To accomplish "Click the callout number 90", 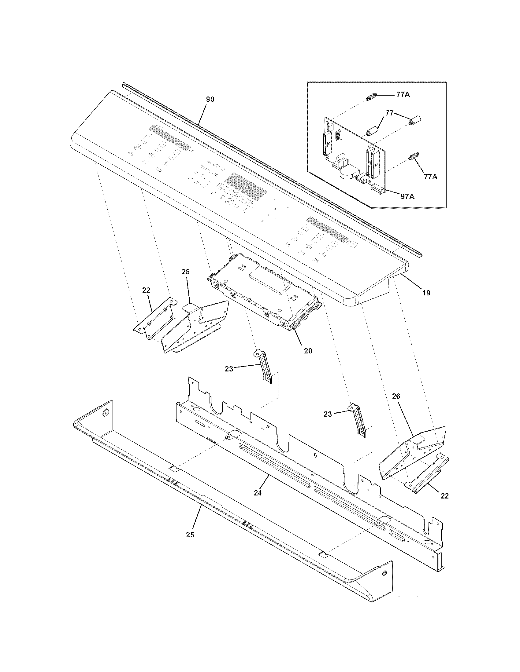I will (210, 99).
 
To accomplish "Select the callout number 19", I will (426, 293).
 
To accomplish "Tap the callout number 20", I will (308, 351).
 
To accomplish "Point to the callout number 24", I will (258, 493).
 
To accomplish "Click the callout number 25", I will (190, 535).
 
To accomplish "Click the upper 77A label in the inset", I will (403, 95).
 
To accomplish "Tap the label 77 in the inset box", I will (389, 113).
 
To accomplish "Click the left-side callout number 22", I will (146, 290).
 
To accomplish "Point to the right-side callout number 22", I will (444, 496).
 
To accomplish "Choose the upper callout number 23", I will (229, 369).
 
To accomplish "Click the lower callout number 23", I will (328, 414).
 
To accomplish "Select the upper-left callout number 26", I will (186, 272).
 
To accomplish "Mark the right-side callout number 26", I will (396, 396).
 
